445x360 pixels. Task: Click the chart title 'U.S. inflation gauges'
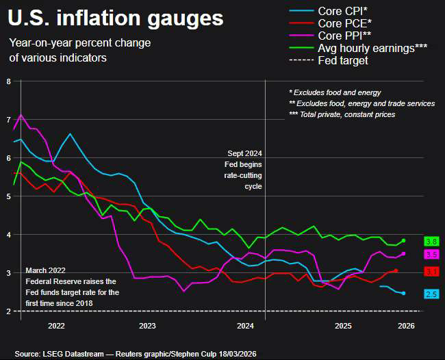tap(115, 18)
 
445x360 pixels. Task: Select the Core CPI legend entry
tap(343, 11)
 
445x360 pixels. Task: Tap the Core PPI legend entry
tap(345, 36)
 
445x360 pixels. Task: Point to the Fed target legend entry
tap(343, 60)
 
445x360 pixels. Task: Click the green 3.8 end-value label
tap(431, 242)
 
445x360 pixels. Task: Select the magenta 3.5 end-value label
tap(431, 254)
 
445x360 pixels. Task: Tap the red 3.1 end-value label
tap(431, 272)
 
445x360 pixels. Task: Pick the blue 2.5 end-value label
tap(431, 294)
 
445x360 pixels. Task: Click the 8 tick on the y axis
tap(8, 81)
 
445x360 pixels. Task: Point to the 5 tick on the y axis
tap(8, 196)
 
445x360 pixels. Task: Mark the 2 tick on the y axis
tap(8, 311)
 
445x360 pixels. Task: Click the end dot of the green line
tap(404, 240)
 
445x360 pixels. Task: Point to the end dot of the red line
tap(396, 270)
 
